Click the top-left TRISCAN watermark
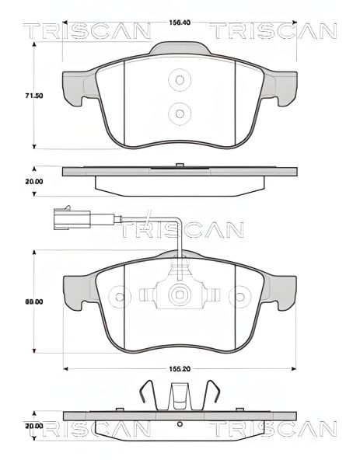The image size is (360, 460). tap(86, 31)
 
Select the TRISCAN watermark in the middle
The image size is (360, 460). tap(180, 230)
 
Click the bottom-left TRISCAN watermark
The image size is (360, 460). tap(86, 430)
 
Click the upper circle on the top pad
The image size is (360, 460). tap(180, 80)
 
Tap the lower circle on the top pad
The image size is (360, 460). tap(180, 113)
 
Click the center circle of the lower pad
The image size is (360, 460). tap(180, 295)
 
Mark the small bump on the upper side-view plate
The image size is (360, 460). tap(180, 165)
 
